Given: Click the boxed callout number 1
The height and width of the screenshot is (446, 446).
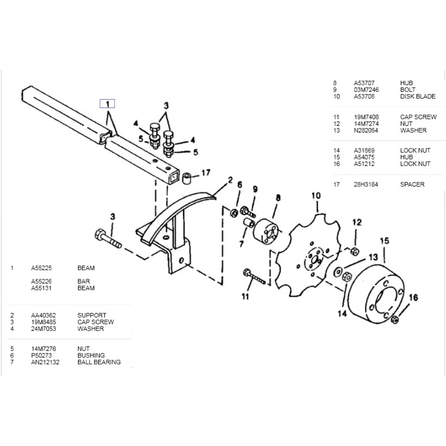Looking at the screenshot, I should (107, 104).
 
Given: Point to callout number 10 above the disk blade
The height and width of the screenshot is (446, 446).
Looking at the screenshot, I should (316, 195).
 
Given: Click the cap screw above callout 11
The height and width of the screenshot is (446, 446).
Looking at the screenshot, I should (253, 277).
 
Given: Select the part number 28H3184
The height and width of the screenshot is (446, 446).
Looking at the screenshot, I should (366, 184).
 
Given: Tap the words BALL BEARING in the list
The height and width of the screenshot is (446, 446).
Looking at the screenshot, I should (99, 362).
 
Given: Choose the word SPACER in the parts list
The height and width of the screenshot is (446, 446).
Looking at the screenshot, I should (412, 184).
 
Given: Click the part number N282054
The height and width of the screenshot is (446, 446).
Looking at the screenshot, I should (366, 130).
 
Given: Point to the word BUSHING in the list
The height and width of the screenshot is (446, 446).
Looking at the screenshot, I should (91, 355).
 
